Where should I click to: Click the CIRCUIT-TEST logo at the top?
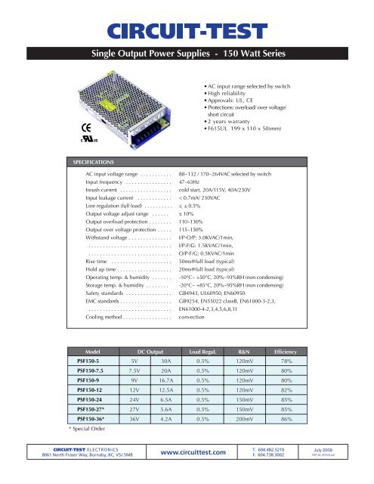pos(187,31)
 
